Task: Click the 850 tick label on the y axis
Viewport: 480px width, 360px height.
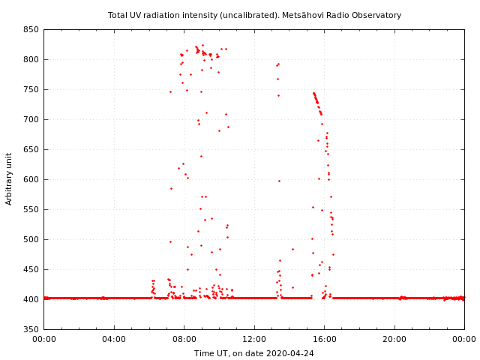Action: click(31, 29)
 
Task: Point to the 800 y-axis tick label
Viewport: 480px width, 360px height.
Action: click(31, 59)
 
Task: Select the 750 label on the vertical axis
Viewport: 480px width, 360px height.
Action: click(31, 89)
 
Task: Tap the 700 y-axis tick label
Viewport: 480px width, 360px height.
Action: click(31, 119)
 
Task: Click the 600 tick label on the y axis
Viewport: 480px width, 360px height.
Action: click(31, 179)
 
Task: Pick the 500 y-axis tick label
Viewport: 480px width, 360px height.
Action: click(31, 239)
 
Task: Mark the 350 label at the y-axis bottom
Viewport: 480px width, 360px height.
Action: click(31, 329)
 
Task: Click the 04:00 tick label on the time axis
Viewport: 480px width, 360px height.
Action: click(114, 339)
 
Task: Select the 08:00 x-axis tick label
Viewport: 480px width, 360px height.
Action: click(184, 339)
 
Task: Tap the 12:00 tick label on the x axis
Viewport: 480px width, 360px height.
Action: click(254, 339)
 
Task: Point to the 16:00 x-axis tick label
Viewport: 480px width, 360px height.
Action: click(324, 339)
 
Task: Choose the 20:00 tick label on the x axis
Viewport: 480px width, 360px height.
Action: click(394, 339)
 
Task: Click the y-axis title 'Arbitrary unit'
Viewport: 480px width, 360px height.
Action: click(9, 179)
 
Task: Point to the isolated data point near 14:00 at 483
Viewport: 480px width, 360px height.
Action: click(292, 249)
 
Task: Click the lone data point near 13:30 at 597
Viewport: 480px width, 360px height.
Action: click(279, 181)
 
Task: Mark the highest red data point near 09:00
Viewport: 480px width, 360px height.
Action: click(202, 45)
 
